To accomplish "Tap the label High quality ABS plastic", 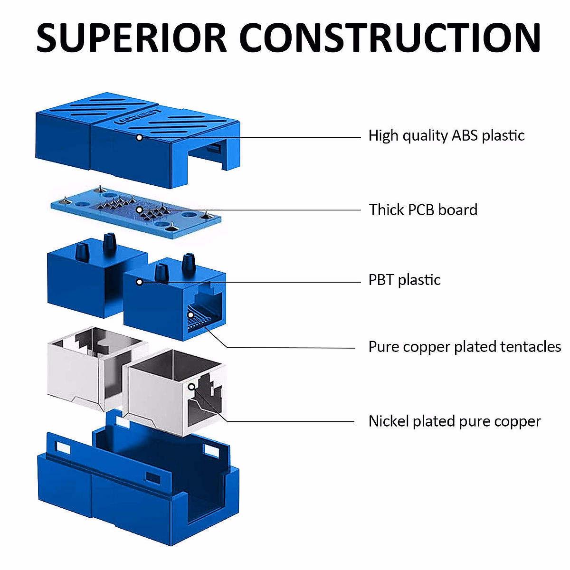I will pyautogui.click(x=446, y=136).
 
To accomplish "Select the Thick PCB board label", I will pyautogui.click(x=423, y=210).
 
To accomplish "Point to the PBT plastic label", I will pyautogui.click(x=404, y=280).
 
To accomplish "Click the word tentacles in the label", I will pyautogui.click(x=531, y=347).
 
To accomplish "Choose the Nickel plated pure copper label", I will pyautogui.click(x=455, y=421).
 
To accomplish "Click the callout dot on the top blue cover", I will pyautogui.click(x=139, y=138).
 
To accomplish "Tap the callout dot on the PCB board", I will pyautogui.click(x=139, y=209).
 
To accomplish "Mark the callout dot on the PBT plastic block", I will pyautogui.click(x=139, y=282).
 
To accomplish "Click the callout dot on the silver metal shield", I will pyautogui.click(x=192, y=387).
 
